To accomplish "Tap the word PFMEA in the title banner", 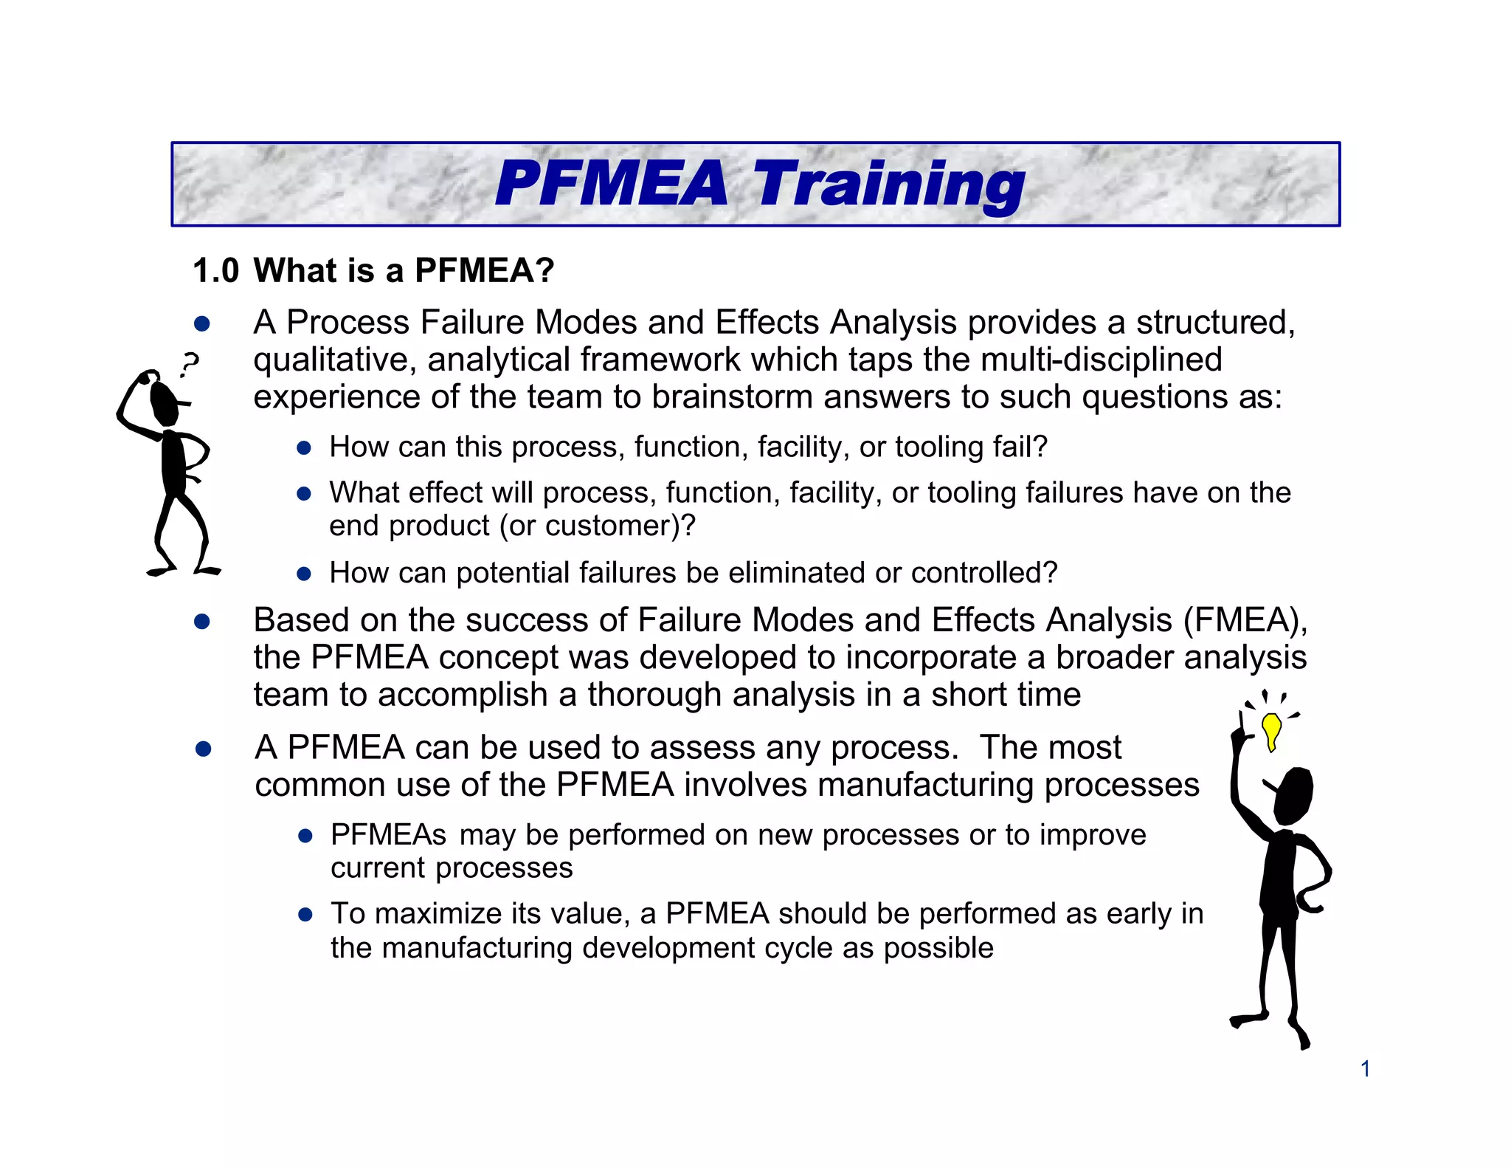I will click(611, 185).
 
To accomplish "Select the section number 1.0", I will click(215, 271).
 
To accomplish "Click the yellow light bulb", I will click(1271, 730).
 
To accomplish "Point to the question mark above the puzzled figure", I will click(190, 364).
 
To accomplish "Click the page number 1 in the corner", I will click(1365, 1068).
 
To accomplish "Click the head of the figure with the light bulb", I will click(1293, 796).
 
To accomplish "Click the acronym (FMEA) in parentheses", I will click(1245, 620).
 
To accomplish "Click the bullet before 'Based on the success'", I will click(202, 622).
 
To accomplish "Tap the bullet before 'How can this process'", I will click(303, 448).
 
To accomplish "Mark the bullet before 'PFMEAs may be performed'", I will click(305, 836).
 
